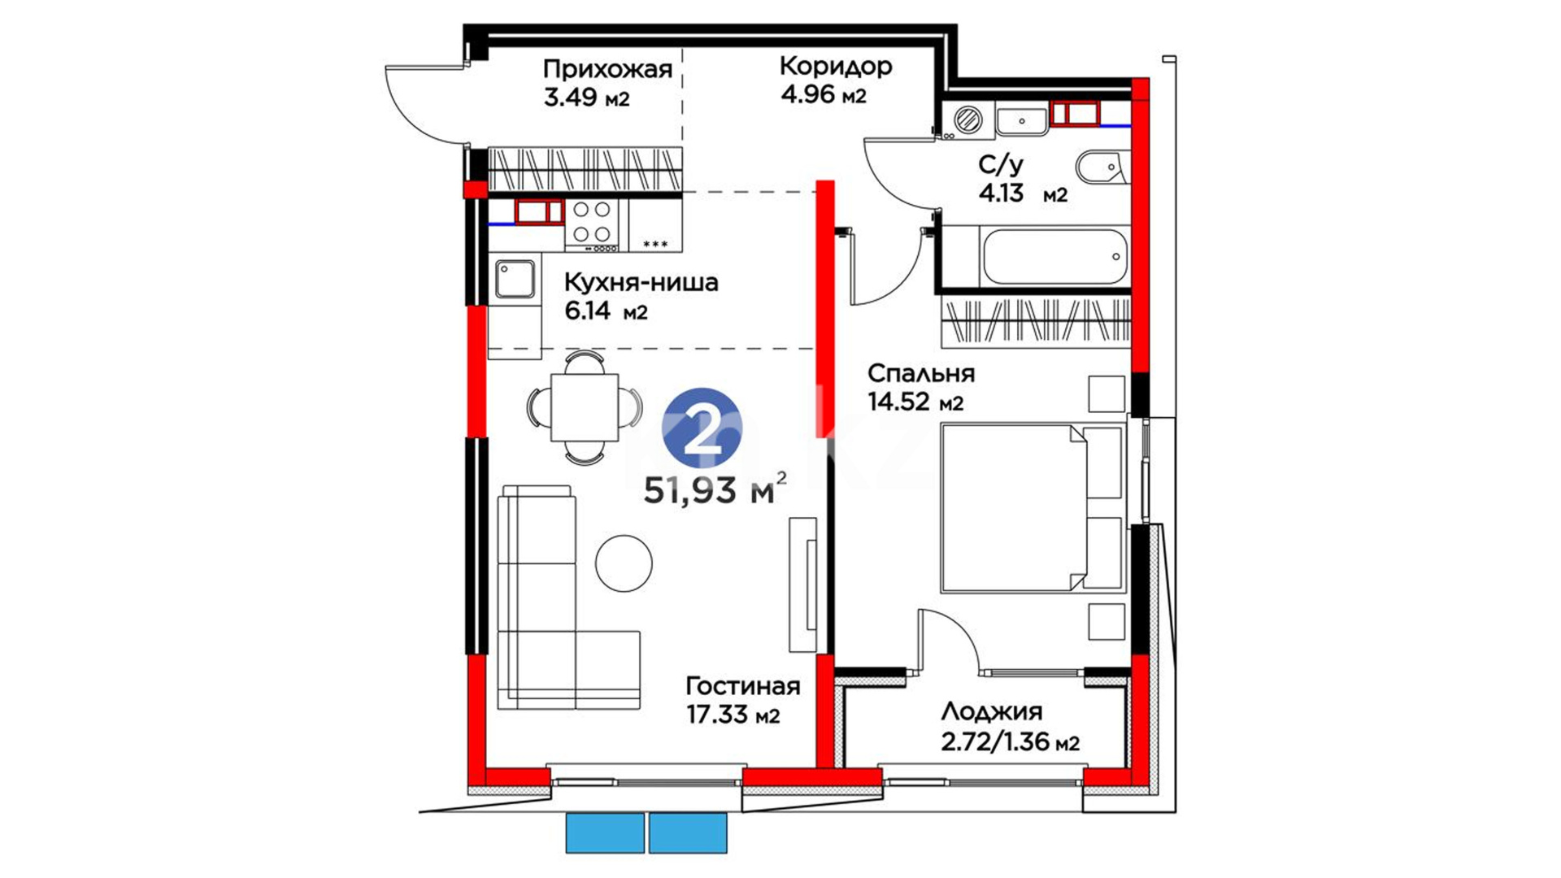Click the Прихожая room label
pos(607,69)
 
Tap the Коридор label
pos(836,65)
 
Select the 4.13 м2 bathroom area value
pos(1023,194)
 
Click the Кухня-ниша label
pos(641,283)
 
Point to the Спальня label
pos(921,373)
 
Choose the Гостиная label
pos(743,685)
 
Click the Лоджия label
pos(992,712)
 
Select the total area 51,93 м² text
pos(715,489)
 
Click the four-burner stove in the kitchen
pos(592,222)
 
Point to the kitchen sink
pos(515,279)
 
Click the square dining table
pos(585,407)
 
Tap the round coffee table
pos(624,563)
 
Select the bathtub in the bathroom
pos(1055,256)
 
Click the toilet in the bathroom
pos(1102,168)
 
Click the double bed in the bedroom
pos(1033,507)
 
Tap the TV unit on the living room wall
pos(803,585)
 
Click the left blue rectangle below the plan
pos(605,832)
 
